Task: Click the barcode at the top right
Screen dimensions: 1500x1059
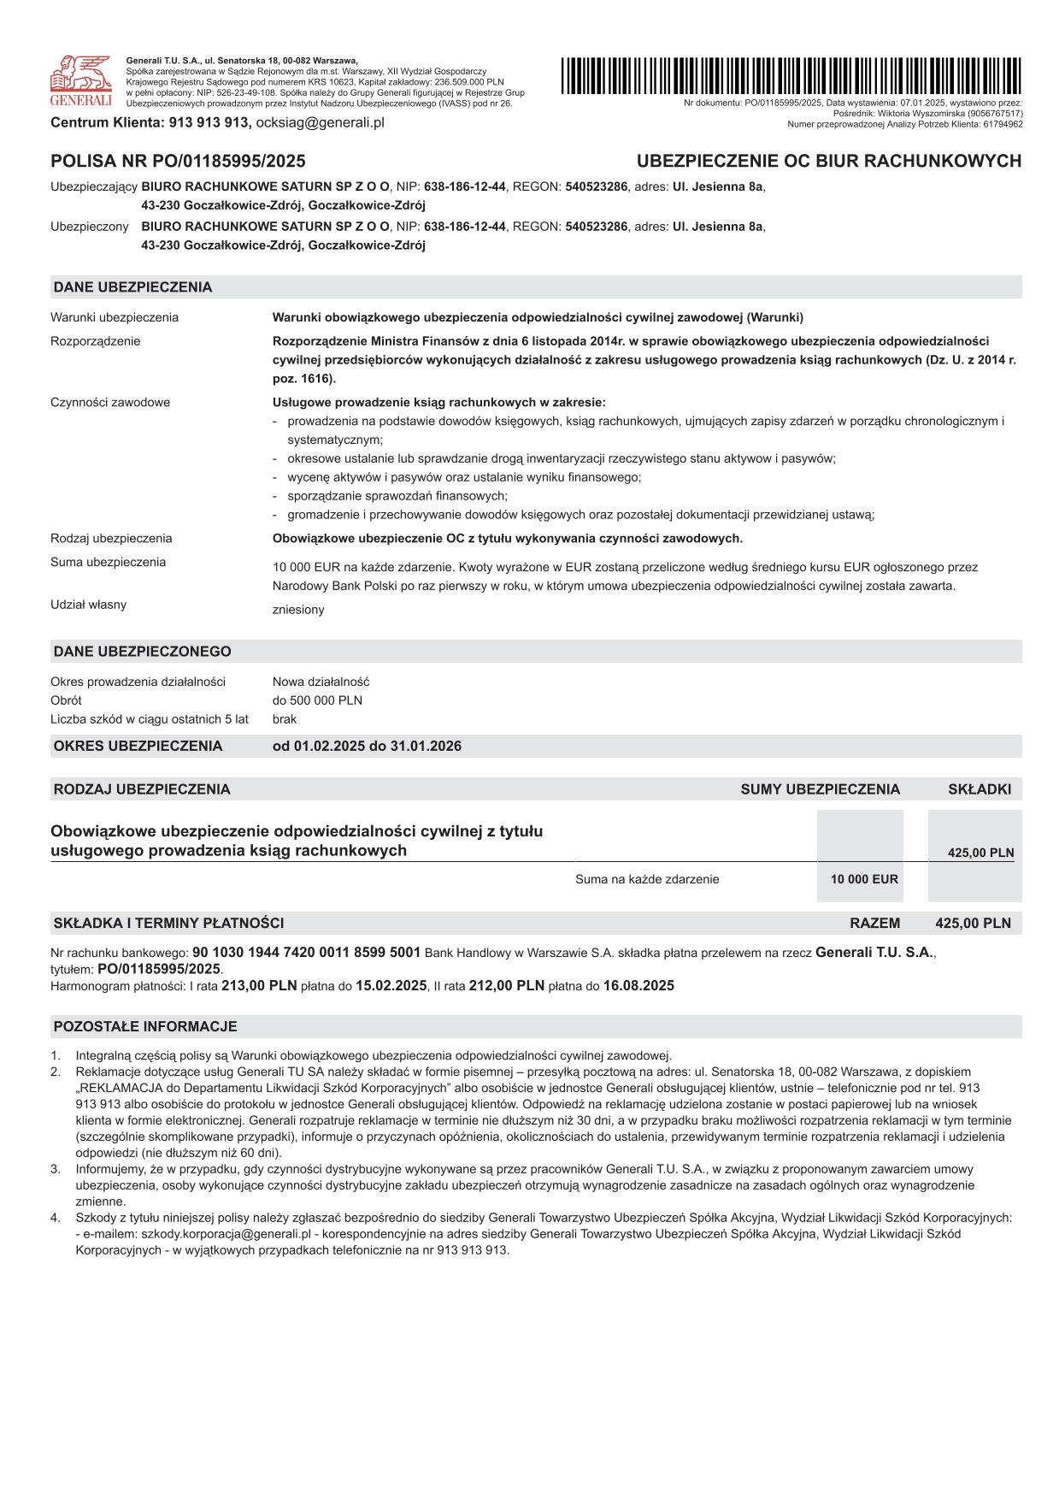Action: pos(791,75)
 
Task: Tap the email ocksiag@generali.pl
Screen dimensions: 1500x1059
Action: pos(321,122)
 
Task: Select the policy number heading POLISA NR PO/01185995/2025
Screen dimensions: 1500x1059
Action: pos(178,161)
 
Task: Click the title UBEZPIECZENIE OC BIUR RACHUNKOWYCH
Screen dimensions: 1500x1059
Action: pos(828,161)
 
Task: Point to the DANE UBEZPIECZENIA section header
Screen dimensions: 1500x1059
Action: pos(132,287)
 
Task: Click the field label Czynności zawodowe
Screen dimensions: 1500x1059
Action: pos(110,402)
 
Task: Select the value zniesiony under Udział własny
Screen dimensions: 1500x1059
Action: pos(298,610)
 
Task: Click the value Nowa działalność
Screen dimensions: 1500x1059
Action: pos(321,682)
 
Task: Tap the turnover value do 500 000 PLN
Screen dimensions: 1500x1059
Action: pos(317,700)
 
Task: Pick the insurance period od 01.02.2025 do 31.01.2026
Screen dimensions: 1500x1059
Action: pos(367,746)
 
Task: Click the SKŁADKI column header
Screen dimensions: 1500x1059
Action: pos(979,789)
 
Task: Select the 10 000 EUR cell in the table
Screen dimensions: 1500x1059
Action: pos(864,879)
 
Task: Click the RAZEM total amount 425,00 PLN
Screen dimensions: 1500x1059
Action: pos(973,923)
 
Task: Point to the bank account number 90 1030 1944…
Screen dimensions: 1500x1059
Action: pos(306,952)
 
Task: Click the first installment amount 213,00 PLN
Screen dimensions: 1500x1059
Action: pos(259,985)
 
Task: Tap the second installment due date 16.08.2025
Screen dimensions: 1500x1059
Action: pos(638,985)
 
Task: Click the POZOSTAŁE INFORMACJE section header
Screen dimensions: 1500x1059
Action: pos(145,1026)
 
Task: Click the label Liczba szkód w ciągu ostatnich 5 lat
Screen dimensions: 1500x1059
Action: pos(150,719)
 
